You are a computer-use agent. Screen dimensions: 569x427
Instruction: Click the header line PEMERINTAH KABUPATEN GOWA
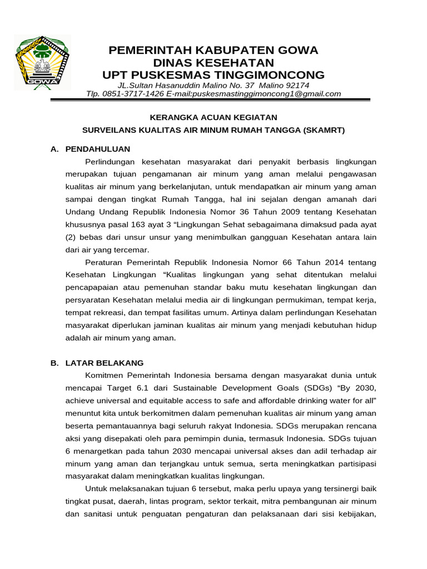[x=213, y=51]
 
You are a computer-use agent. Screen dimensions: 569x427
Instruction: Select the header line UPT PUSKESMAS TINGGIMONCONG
[x=213, y=75]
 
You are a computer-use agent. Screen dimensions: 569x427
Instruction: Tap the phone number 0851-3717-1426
[x=132, y=94]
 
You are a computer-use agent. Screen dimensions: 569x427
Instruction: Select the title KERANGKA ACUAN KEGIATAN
[x=213, y=117]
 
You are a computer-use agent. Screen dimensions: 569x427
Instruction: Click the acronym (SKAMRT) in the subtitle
[x=324, y=130]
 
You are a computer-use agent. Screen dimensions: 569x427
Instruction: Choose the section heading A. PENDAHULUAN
[x=90, y=149]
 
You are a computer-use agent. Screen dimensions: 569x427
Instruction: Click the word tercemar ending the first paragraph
[x=129, y=249]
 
